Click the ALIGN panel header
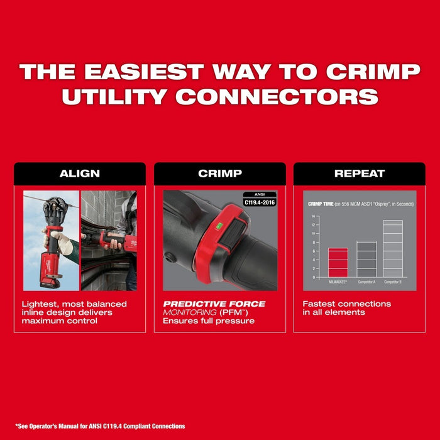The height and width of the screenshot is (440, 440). pyautogui.click(x=79, y=173)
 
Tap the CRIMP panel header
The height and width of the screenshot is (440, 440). pyautogui.click(x=219, y=173)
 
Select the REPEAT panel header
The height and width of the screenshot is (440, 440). pyautogui.click(x=359, y=173)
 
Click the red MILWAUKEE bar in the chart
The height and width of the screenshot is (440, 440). pyautogui.click(x=338, y=263)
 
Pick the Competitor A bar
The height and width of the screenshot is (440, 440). pyautogui.click(x=366, y=259)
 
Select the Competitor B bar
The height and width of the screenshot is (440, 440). pyautogui.click(x=393, y=248)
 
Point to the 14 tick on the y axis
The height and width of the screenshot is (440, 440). pyautogui.click(x=312, y=216)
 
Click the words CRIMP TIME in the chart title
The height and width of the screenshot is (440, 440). pyautogui.click(x=321, y=204)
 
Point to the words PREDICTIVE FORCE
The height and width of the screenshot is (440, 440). pyautogui.click(x=214, y=304)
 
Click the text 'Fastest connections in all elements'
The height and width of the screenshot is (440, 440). pyautogui.click(x=346, y=308)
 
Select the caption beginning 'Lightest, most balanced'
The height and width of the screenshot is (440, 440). pyautogui.click(x=74, y=312)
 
